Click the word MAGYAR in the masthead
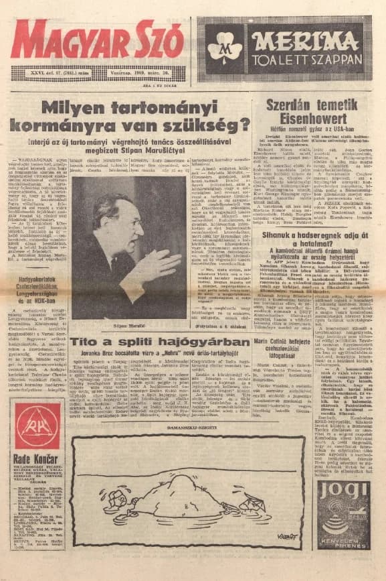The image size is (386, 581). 70,40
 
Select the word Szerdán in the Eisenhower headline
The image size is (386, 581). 288,105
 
